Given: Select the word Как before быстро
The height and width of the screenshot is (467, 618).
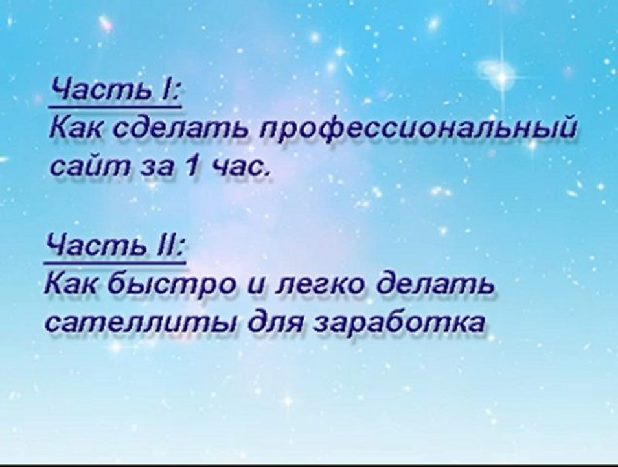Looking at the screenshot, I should (70, 285).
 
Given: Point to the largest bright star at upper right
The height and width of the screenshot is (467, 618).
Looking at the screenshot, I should (501, 77).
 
